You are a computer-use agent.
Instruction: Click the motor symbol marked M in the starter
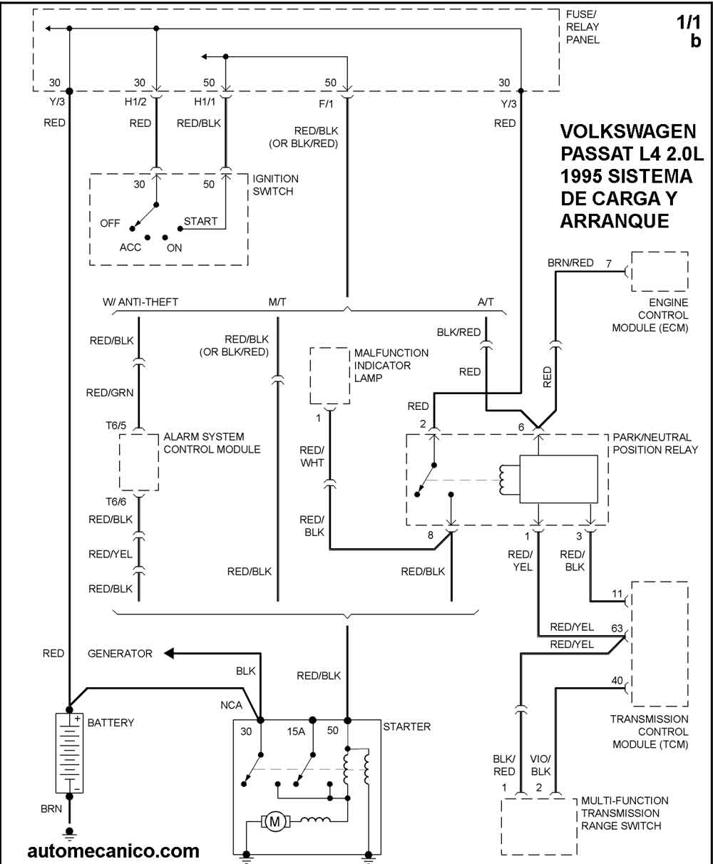point(275,822)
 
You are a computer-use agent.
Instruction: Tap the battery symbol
point(69,754)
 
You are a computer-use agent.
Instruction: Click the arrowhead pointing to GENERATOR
point(169,654)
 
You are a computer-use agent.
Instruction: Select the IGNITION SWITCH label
point(275,185)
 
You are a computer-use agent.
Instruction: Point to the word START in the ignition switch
point(200,222)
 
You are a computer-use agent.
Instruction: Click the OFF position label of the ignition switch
point(110,223)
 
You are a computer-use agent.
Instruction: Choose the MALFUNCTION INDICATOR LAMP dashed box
point(330,375)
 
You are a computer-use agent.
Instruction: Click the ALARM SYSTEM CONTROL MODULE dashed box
point(139,462)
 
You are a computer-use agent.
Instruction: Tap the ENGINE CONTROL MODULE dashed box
point(660,272)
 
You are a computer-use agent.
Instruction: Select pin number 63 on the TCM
point(617,629)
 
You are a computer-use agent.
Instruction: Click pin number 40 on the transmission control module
point(617,681)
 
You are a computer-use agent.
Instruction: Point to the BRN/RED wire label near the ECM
point(570,263)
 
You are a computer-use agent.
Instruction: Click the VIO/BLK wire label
point(540,765)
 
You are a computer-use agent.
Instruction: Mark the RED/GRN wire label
point(110,393)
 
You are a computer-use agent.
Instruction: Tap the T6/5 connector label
point(116,426)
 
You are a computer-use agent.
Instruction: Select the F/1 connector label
point(326,104)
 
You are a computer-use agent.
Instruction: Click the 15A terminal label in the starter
point(297,731)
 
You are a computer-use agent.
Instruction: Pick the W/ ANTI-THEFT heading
point(140,302)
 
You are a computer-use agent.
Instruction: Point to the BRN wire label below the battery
point(51,808)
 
